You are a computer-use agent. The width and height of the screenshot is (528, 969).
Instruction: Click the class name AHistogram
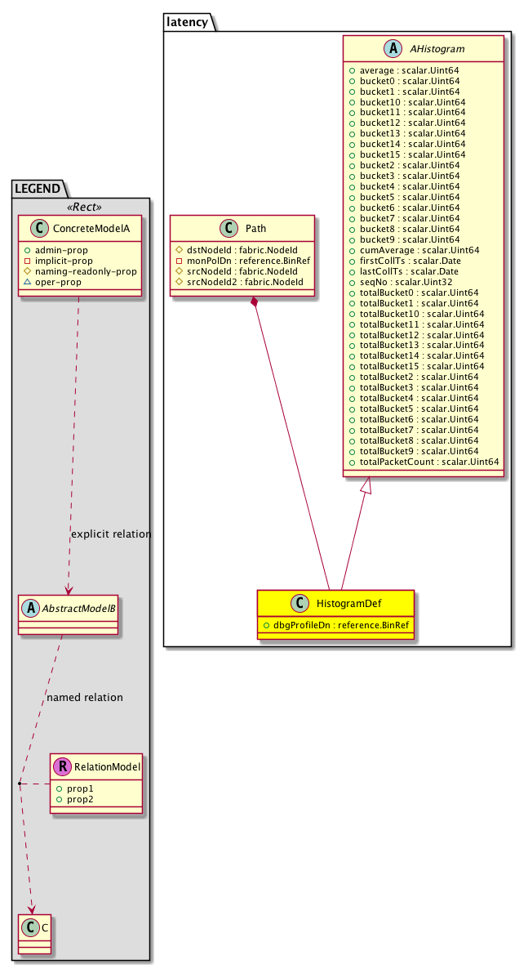coord(437,49)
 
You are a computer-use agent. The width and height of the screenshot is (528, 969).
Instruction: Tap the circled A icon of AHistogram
coord(393,49)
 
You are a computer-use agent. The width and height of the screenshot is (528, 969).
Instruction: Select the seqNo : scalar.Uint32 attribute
coord(406,282)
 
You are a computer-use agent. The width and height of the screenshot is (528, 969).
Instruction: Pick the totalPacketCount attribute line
coord(429,462)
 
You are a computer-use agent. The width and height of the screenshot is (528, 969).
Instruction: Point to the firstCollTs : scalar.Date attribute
coord(410,261)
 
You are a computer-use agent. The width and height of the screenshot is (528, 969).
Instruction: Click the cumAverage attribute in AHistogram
coord(419,250)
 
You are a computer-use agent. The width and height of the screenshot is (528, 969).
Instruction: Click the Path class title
coord(255,229)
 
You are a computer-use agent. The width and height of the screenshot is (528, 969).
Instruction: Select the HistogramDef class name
coord(349,603)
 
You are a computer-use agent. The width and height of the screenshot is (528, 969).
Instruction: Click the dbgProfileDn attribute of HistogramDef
coord(341,625)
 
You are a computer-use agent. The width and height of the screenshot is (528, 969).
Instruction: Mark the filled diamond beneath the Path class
coord(253,302)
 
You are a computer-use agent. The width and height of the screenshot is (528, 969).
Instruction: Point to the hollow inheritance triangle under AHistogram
coord(366,485)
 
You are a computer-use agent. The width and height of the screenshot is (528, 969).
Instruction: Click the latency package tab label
coord(187,22)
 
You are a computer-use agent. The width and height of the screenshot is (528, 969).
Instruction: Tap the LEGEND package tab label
coord(38,189)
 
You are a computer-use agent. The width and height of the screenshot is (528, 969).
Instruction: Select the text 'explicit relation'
coord(111,534)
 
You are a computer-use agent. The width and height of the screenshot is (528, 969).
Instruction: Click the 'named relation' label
coord(85,697)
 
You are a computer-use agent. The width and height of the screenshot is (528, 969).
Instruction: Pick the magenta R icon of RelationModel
coord(62,767)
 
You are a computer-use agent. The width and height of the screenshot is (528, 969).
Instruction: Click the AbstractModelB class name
coord(78,608)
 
